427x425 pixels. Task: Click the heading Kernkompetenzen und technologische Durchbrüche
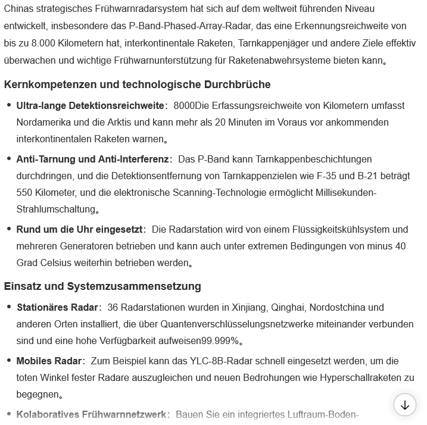pyautogui.click(x=137, y=85)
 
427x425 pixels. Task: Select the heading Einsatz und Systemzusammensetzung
pyautogui.click(x=102, y=286)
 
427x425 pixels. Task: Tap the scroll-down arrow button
pyautogui.click(x=405, y=405)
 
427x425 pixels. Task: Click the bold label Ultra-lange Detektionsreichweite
pyautogui.click(x=90, y=106)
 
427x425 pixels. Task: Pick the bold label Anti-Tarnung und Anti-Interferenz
pyautogui.click(x=92, y=160)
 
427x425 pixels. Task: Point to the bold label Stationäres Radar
pyautogui.click(x=57, y=308)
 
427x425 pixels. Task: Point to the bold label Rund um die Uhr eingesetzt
pyautogui.click(x=80, y=230)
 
